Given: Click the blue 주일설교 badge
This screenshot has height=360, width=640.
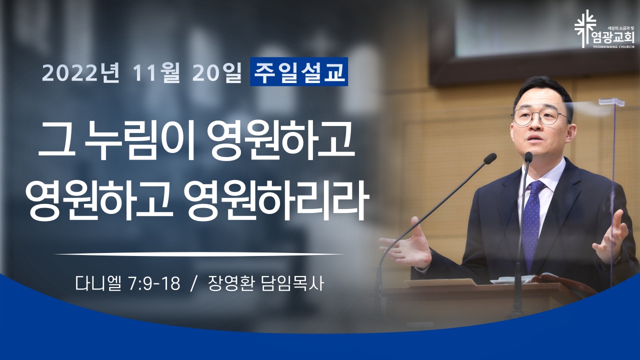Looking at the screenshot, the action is coord(299,71).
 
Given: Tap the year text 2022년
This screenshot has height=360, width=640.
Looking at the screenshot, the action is coord(81,73).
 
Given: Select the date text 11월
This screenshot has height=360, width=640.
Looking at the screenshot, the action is coord(155,73).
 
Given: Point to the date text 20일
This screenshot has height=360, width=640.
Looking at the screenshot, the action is coord(217,73).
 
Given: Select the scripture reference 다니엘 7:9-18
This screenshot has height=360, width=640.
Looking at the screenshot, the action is coord(127,283).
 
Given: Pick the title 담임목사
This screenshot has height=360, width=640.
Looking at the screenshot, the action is coord(292,283).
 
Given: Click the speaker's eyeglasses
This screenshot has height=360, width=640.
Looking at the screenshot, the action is coord(539,116).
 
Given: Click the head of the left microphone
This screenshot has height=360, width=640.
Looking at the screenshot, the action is coord(490,158).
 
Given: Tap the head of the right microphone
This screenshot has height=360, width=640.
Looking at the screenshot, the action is coord(528,157).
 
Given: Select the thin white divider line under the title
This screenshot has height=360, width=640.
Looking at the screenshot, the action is coord(199,253).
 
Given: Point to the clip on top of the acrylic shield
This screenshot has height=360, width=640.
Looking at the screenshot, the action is coord(611,102).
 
